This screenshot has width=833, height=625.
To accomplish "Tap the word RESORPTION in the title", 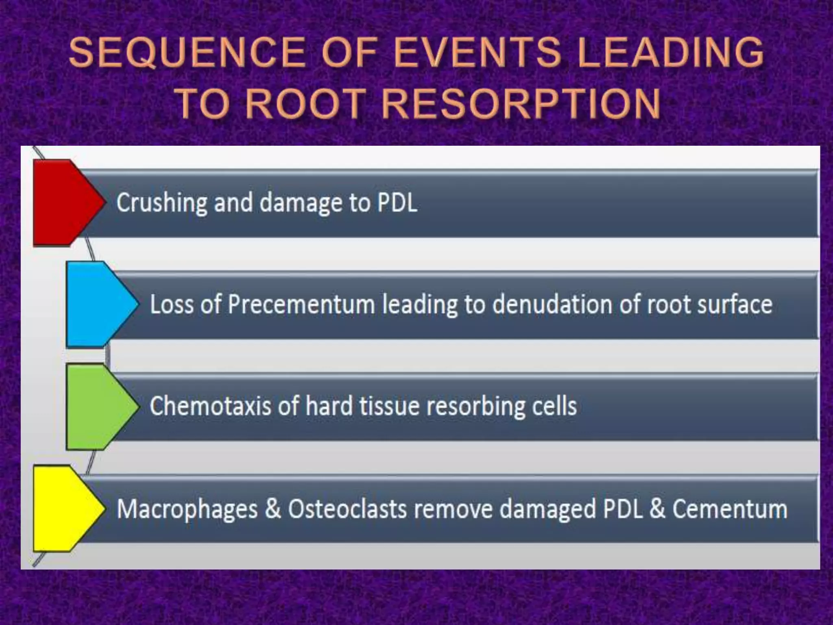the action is click(521, 103).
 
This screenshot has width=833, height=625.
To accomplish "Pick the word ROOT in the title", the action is click(305, 103).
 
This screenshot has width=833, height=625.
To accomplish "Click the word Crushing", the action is click(162, 203).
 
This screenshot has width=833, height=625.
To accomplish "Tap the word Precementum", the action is click(301, 304).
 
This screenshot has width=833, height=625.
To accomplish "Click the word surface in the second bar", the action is click(735, 304).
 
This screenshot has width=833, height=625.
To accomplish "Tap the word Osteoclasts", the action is click(347, 509).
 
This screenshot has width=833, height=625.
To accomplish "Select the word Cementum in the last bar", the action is click(730, 509).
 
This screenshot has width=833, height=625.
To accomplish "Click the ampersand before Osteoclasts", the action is click(273, 509).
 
